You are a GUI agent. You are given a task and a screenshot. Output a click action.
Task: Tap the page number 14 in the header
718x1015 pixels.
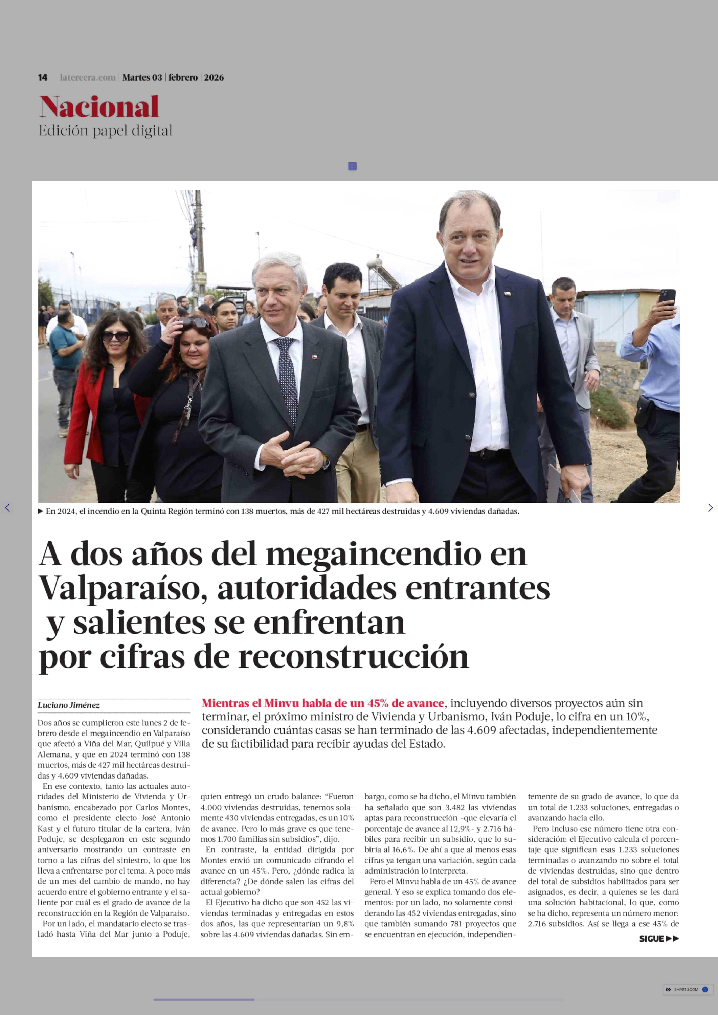(x=42, y=77)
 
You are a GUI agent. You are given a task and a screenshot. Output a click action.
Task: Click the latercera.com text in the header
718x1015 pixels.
(x=87, y=77)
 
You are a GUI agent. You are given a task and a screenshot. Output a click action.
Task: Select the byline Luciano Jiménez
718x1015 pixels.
(x=69, y=705)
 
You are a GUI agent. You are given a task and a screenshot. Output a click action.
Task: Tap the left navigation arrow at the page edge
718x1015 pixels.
(x=7, y=508)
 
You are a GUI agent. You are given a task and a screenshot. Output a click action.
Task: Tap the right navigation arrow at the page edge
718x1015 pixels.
(x=710, y=508)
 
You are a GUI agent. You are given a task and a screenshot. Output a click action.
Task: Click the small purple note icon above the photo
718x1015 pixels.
(x=352, y=166)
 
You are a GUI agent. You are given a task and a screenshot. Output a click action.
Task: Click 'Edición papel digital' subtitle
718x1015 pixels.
(x=105, y=131)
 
